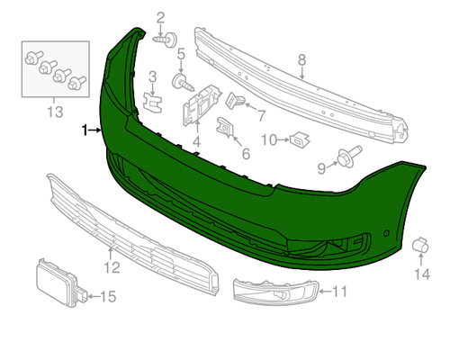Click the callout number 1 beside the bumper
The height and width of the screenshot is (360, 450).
click(85, 130)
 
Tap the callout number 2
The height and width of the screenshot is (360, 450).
click(160, 18)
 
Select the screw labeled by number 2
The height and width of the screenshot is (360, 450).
click(166, 40)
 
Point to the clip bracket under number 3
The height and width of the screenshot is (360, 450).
click(153, 103)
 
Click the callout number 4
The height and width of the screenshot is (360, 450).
click(196, 141)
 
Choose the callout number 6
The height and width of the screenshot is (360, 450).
click(246, 154)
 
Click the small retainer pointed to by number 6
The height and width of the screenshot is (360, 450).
click(225, 127)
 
